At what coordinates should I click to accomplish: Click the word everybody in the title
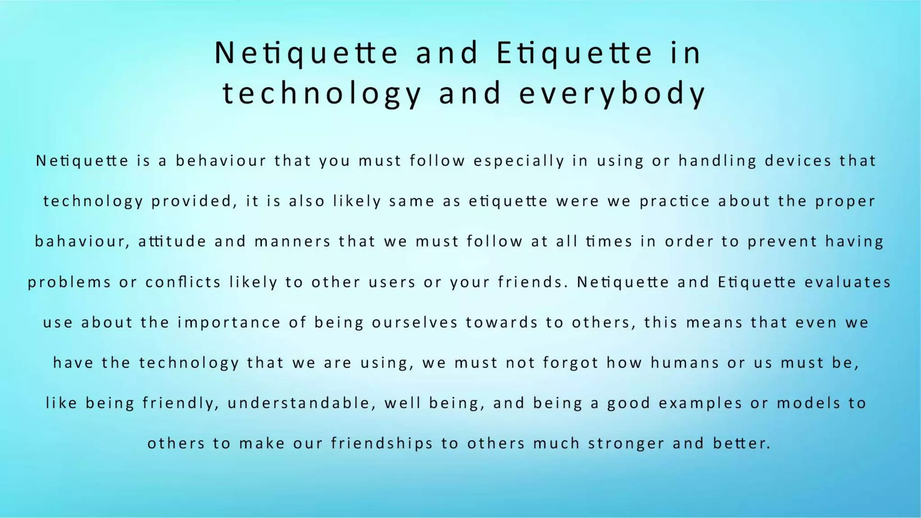[x=613, y=94]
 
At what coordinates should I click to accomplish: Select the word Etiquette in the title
[x=574, y=53]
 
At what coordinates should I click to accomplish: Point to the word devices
[x=798, y=161]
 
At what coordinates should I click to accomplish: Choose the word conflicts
[x=183, y=282]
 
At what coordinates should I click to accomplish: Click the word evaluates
[x=848, y=282]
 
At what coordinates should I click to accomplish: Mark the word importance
[x=229, y=322]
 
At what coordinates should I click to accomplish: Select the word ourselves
[x=415, y=322]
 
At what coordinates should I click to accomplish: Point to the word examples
[x=700, y=403]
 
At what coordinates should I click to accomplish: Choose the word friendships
[x=382, y=443]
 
